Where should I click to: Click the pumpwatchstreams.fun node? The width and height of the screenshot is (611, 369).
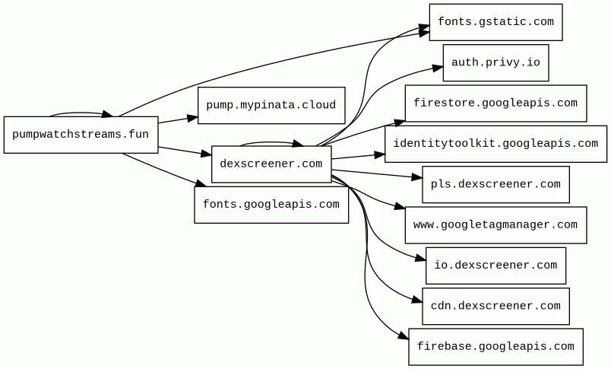click(81, 135)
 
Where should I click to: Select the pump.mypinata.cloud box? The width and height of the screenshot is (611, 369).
click(271, 105)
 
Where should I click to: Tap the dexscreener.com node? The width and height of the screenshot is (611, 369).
click(271, 164)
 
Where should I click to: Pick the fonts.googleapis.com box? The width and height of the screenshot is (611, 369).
click(271, 204)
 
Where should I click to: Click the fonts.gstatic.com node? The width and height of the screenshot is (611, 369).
click(495, 22)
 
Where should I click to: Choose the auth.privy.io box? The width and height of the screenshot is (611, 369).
click(495, 62)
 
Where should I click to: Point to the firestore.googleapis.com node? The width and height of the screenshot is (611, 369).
click(495, 103)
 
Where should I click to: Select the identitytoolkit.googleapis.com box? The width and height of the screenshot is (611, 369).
click(495, 144)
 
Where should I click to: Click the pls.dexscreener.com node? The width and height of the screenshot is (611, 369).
click(495, 184)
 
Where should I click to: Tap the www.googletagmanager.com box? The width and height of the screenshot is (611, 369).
click(495, 224)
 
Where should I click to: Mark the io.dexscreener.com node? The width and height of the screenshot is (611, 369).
click(495, 265)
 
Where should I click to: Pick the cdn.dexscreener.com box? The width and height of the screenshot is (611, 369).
click(495, 306)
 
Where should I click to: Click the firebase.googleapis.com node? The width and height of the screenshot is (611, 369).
click(495, 346)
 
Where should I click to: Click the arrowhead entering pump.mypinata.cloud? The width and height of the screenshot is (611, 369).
click(192, 117)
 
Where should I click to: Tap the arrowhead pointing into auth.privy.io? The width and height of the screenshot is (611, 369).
click(438, 68)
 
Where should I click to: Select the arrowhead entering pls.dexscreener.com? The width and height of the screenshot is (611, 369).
click(416, 180)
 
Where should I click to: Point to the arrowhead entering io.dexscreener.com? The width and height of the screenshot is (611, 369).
click(420, 260)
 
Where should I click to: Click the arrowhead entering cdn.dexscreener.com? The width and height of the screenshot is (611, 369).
click(416, 301)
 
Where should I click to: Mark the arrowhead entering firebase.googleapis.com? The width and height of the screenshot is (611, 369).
click(404, 339)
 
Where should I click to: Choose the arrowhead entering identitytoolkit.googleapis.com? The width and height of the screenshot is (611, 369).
click(379, 154)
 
